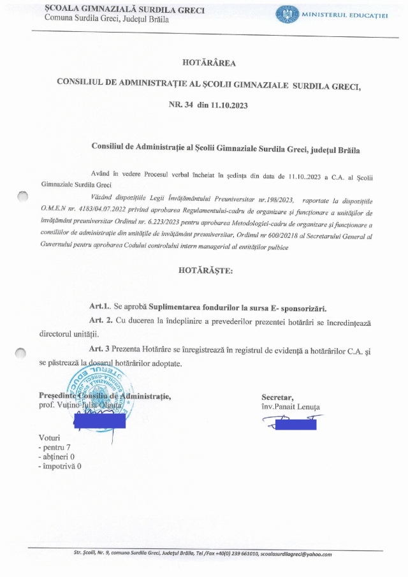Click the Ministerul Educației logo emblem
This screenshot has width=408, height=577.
(x=286, y=13)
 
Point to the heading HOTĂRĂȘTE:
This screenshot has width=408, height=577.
(x=206, y=270)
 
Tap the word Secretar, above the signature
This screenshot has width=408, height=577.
(x=277, y=398)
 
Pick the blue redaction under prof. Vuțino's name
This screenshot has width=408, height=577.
(x=99, y=421)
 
